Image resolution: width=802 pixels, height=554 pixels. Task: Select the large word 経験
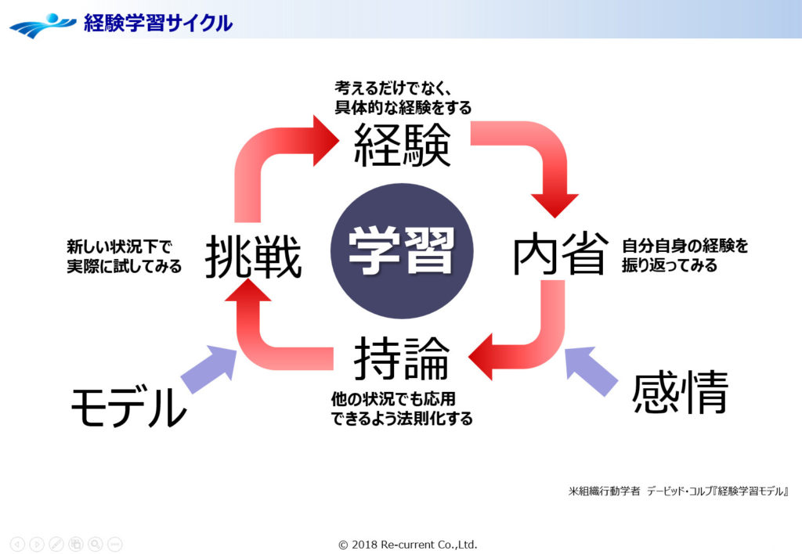point(402,146)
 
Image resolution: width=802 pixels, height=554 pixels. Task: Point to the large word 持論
point(401,360)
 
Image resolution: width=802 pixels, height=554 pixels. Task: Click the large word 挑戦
point(253,257)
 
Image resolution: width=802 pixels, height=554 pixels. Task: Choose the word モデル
point(128,408)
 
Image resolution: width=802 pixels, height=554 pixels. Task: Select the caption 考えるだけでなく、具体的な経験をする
point(403,95)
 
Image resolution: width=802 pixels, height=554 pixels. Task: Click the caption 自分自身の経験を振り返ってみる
point(685,255)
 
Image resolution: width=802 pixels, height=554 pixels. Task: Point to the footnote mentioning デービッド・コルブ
point(677,492)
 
